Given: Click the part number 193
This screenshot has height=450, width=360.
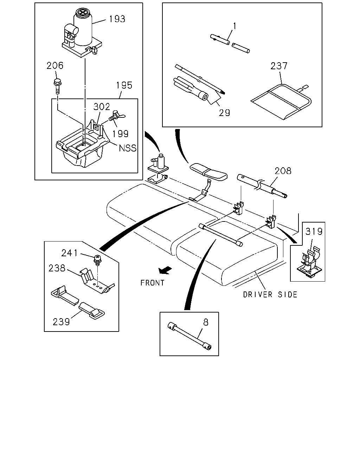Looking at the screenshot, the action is click(x=117, y=19).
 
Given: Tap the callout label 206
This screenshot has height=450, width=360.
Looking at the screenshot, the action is click(x=55, y=66).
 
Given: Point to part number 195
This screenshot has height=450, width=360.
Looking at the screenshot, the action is click(x=124, y=85).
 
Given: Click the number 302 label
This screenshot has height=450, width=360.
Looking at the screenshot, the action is click(x=102, y=107).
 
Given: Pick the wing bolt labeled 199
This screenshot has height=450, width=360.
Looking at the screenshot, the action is click(x=116, y=116).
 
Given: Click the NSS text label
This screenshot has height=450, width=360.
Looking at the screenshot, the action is click(x=127, y=148).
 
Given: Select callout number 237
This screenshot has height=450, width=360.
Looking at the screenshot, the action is click(x=279, y=66).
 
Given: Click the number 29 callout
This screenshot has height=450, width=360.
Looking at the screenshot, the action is click(x=224, y=113).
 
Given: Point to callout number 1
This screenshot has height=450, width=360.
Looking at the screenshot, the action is click(x=235, y=26).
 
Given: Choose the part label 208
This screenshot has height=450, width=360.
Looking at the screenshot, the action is click(x=283, y=171).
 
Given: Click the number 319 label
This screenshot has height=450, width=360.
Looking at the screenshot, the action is click(x=314, y=231).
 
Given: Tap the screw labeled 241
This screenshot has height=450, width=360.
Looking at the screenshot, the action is click(x=97, y=259).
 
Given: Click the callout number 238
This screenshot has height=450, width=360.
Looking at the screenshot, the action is click(x=57, y=268).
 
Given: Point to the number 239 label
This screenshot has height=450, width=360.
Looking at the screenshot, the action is click(x=61, y=322).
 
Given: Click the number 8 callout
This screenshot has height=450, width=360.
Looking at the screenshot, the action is click(x=206, y=322).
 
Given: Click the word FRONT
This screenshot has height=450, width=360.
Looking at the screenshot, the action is click(x=152, y=283).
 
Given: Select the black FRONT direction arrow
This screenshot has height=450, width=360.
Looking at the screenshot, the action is click(x=165, y=270).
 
